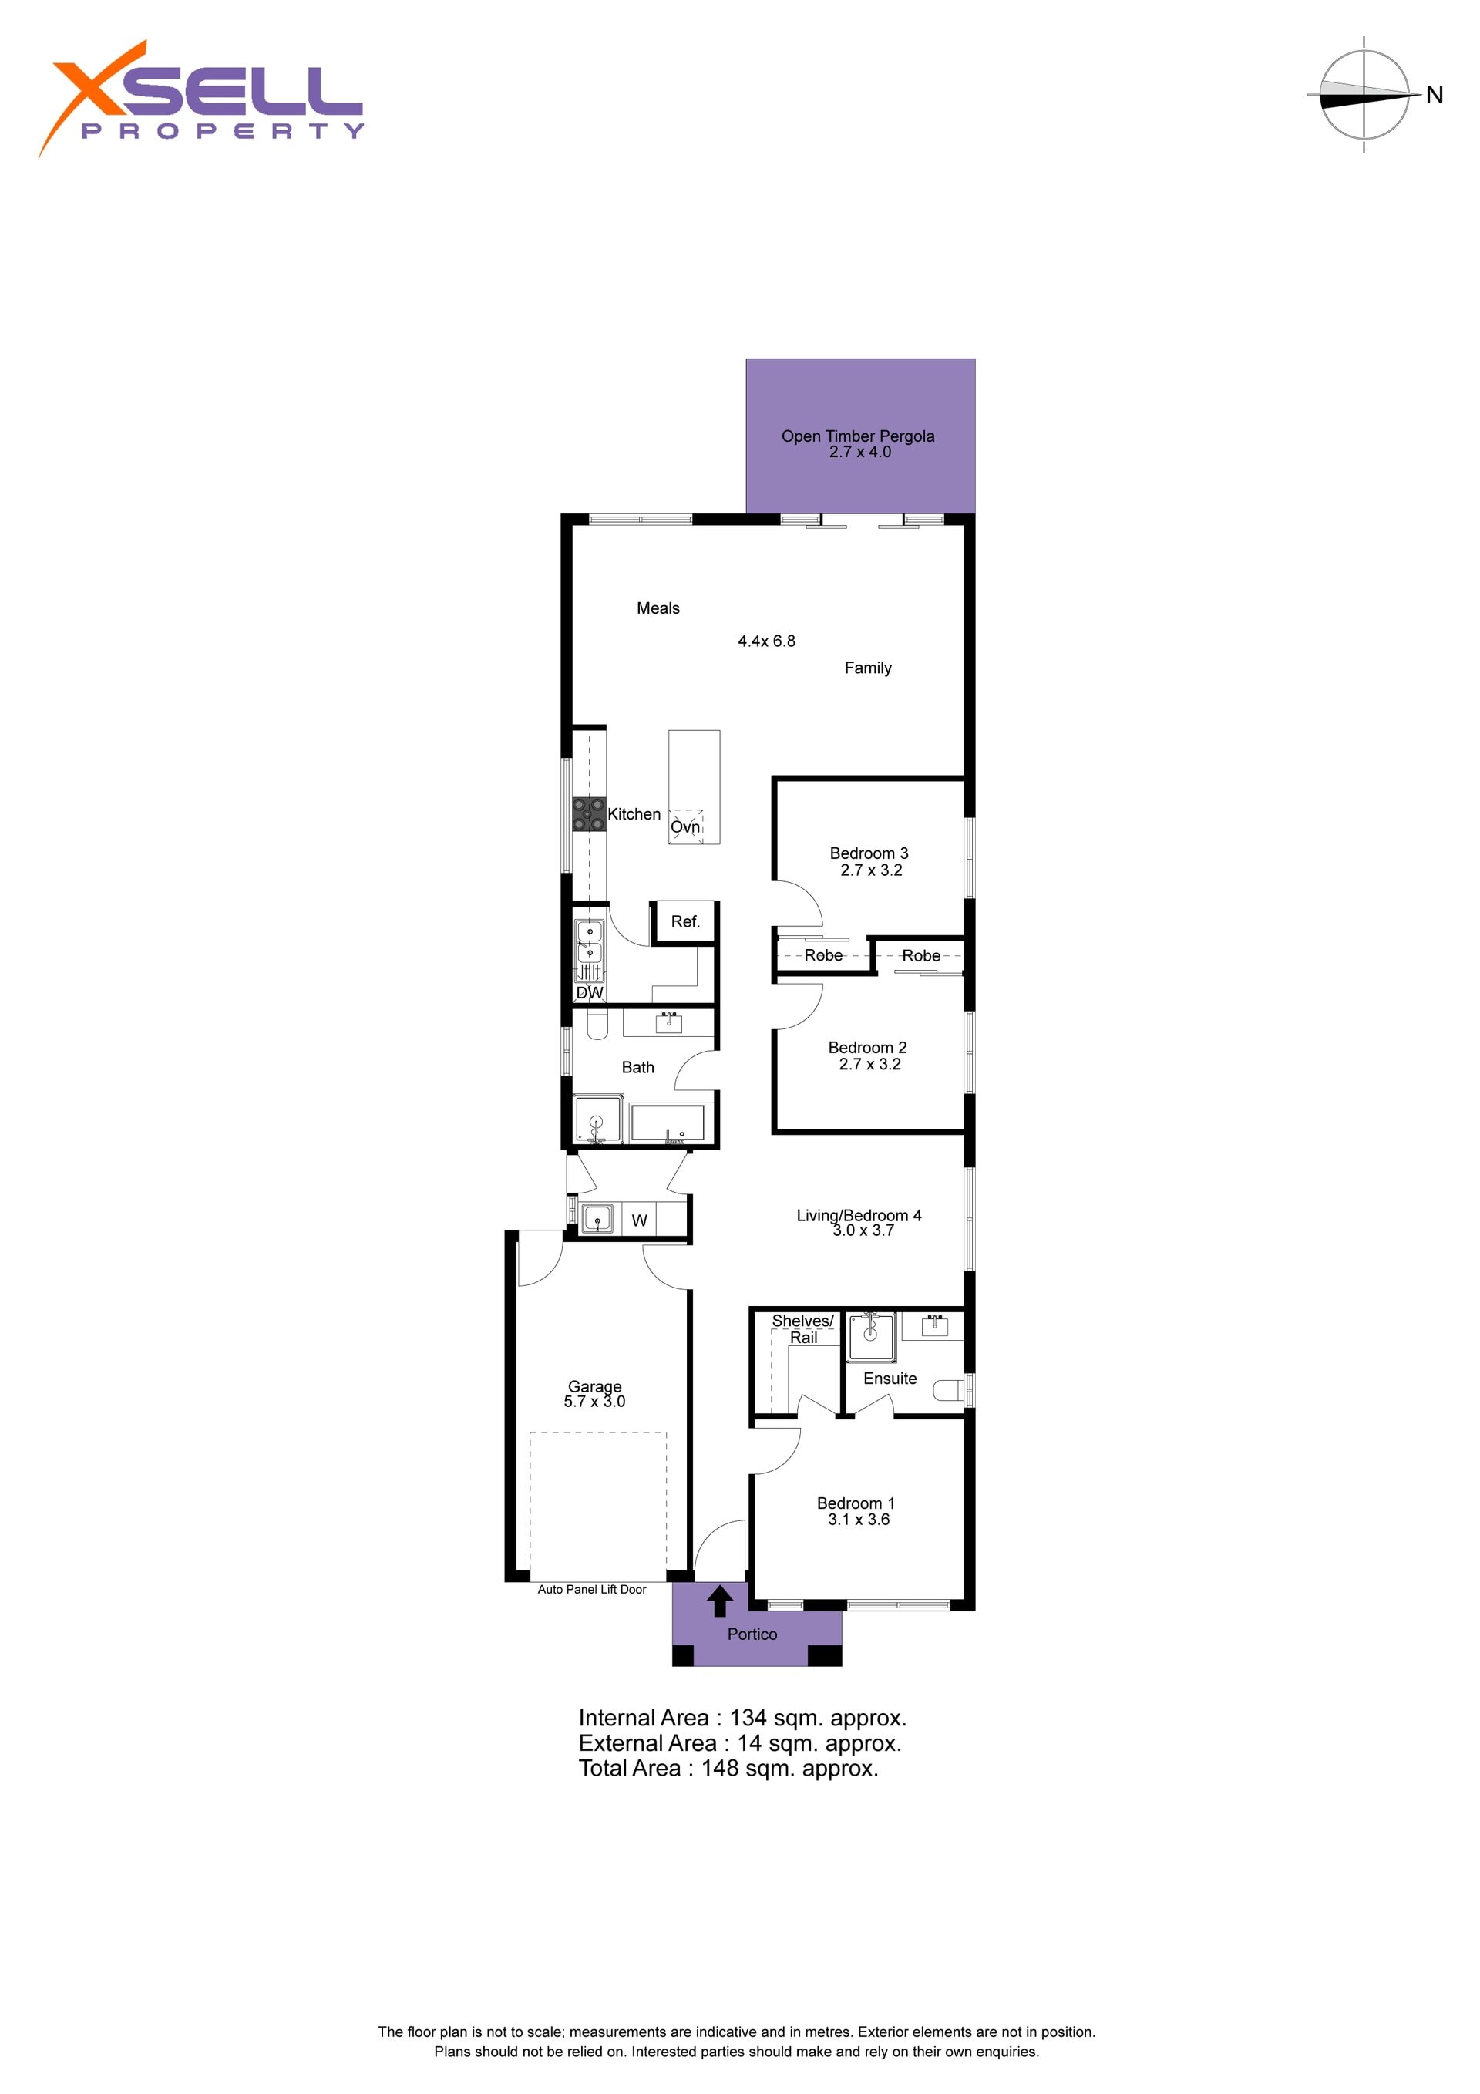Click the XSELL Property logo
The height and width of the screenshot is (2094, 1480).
click(x=200, y=99)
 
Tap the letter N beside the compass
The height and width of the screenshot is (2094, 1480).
click(x=1434, y=95)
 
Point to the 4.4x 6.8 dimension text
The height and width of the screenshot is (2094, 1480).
click(x=766, y=641)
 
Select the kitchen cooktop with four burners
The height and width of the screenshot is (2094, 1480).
click(x=589, y=813)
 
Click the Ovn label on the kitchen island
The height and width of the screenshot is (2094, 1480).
click(x=684, y=827)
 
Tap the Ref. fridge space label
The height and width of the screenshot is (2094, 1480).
click(x=684, y=922)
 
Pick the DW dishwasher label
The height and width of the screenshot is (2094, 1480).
click(x=589, y=992)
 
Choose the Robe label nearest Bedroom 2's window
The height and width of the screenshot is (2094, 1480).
click(x=920, y=956)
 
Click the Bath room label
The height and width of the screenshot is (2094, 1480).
click(x=637, y=1067)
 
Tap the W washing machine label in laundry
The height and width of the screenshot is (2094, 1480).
click(x=639, y=1220)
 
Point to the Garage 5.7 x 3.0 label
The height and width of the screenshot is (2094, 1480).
click(x=594, y=1394)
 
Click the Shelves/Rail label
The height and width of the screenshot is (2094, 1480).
click(x=802, y=1329)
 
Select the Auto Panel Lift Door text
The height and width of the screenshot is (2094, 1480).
click(x=592, y=1590)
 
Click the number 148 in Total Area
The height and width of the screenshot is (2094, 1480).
click(x=719, y=1769)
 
